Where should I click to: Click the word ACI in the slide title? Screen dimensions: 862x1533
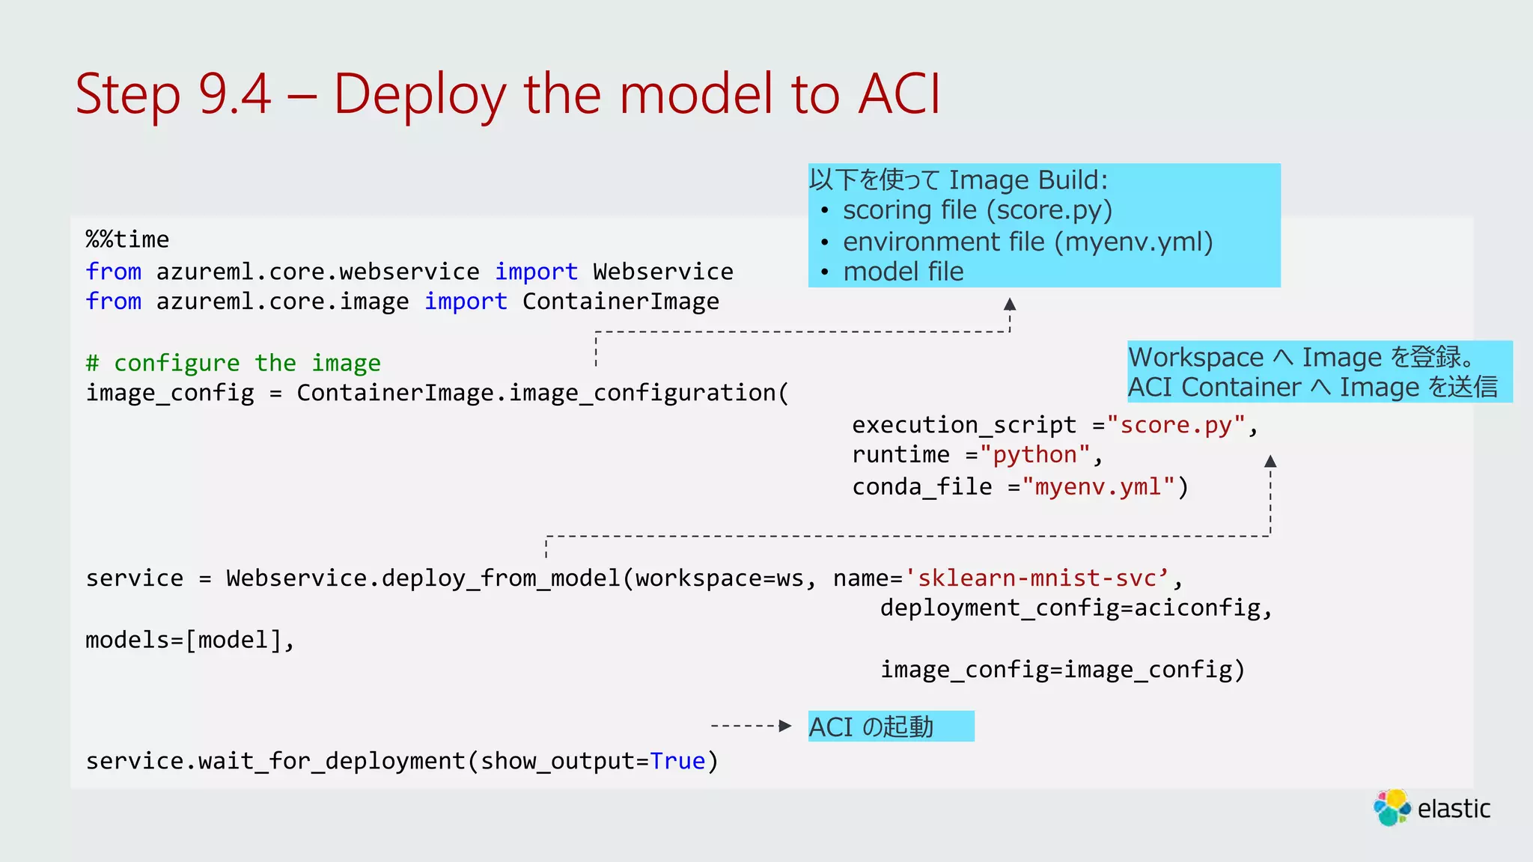pyautogui.click(x=899, y=95)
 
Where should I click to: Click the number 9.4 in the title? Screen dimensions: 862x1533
pyautogui.click(x=234, y=95)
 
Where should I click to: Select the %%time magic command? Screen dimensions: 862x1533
pyautogui.click(x=127, y=239)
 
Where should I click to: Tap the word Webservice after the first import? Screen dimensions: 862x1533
pyautogui.click(x=662, y=271)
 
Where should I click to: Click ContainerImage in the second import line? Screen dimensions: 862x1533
pyautogui.click(x=621, y=302)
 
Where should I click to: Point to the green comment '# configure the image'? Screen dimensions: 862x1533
pyautogui.click(x=233, y=363)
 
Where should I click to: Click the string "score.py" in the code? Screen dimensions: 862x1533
pyautogui.click(x=1176, y=425)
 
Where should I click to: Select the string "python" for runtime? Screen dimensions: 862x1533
pyautogui.click(x=1035, y=455)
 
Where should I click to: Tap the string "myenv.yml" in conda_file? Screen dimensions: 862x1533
pyautogui.click(x=1098, y=487)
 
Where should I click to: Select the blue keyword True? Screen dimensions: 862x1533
pyautogui.click(x=677, y=761)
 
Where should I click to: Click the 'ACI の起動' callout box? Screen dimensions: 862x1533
pyautogui.click(x=890, y=727)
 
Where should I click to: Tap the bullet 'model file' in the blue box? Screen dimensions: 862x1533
pyautogui.click(x=903, y=272)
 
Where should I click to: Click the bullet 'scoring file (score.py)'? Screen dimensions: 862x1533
pyautogui.click(x=977, y=210)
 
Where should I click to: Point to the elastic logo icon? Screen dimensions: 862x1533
pyautogui.click(x=1392, y=808)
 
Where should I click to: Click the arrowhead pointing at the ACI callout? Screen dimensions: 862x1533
pyautogui.click(x=784, y=726)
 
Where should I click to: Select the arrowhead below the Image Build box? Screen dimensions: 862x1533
pyautogui.click(x=1010, y=304)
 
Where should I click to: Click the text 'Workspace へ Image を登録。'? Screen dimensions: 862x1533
pyautogui.click(x=1302, y=357)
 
